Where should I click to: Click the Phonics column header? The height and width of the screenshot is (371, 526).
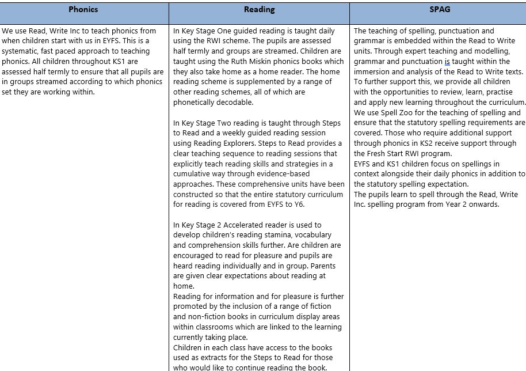coord(83,9)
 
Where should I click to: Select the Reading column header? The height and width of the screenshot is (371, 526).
coord(259,9)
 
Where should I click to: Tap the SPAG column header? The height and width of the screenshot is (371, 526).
coord(439,9)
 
